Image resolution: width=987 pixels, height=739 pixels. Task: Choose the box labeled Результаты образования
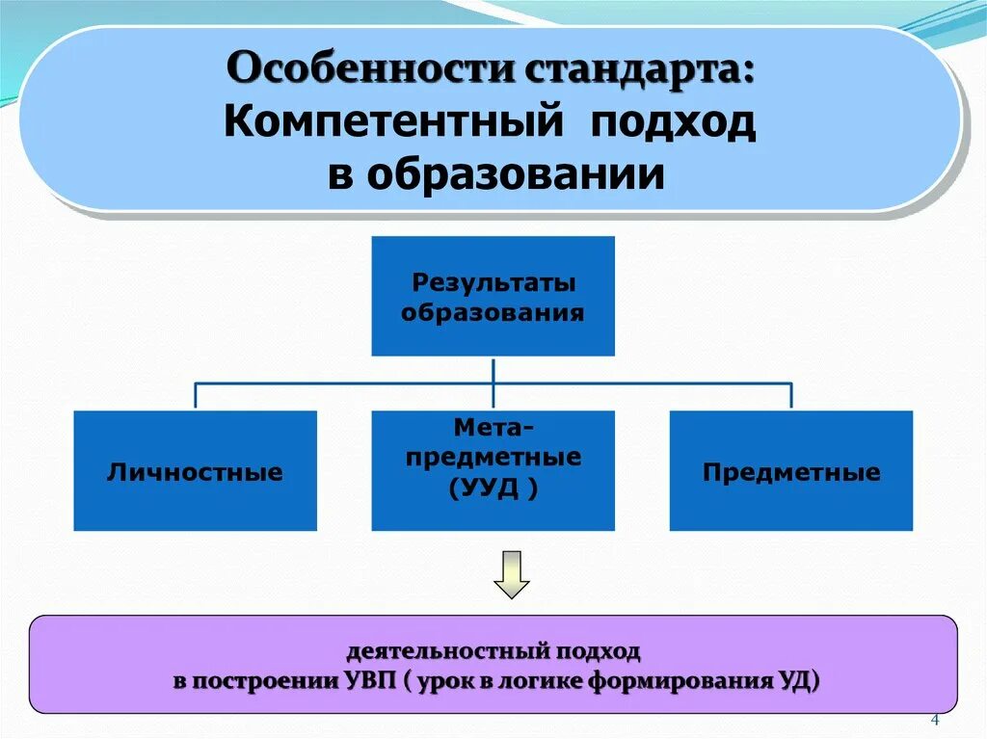pos(493,297)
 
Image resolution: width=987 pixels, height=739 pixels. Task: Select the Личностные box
pos(195,471)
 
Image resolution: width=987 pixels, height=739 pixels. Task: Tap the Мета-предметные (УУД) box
pos(493,471)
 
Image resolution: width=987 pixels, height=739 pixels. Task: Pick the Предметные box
pos(790,471)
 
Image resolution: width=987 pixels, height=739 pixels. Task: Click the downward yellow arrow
pos(512,574)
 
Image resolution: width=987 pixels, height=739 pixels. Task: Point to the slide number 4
pos(934,721)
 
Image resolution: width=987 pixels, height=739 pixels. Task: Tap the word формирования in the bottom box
pos(672,680)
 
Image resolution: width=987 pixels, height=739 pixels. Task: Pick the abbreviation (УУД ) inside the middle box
pos(493,488)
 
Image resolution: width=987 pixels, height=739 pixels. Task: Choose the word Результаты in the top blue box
pos(493,282)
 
